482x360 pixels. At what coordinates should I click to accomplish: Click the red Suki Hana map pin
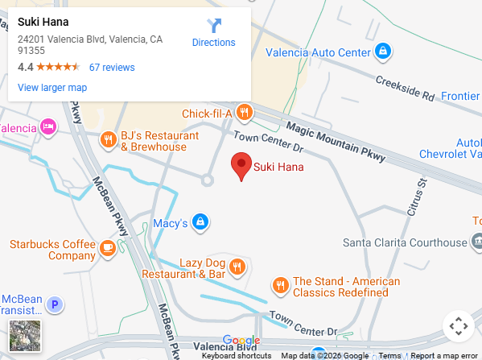[x=241, y=165]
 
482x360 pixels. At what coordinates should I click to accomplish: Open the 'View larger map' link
[x=52, y=87]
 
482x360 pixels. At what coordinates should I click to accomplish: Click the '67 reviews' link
[x=112, y=67]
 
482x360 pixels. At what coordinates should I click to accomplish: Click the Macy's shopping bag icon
[x=201, y=221]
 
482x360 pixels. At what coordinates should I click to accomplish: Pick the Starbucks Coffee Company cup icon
[x=108, y=246]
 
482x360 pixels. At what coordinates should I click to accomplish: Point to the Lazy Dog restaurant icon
[x=237, y=266]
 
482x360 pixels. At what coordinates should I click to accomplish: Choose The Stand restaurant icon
[x=280, y=284]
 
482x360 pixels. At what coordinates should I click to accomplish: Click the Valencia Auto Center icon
[x=384, y=52]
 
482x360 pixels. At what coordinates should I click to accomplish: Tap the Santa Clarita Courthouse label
[x=405, y=242]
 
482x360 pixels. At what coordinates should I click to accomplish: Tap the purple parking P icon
[x=55, y=304]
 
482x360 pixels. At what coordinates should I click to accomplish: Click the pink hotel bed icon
[x=48, y=126]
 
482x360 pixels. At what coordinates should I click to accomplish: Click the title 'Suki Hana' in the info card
[x=43, y=22]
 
